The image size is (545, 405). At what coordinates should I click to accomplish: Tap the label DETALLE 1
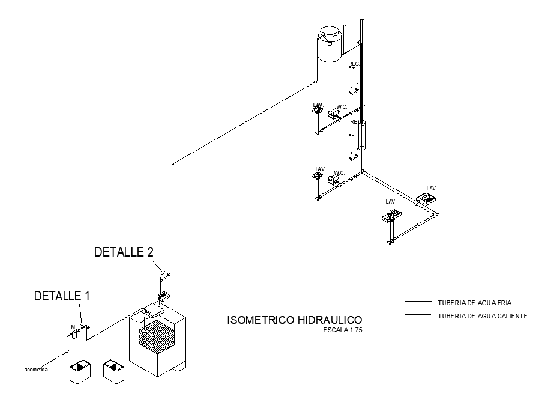[62, 296]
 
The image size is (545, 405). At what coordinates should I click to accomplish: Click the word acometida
[36, 369]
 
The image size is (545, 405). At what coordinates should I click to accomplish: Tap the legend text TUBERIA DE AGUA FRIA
[475, 302]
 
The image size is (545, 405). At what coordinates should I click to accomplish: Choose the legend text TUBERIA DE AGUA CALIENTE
[483, 316]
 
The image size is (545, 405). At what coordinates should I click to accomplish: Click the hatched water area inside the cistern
[157, 332]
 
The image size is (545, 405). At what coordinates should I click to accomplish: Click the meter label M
[72, 327]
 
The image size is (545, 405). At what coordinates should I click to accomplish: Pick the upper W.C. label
[342, 107]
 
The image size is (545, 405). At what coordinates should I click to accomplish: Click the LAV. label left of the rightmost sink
[391, 202]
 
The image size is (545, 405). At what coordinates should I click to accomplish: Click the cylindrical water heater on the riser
[361, 135]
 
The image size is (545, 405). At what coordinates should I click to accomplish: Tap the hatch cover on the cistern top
[153, 311]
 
